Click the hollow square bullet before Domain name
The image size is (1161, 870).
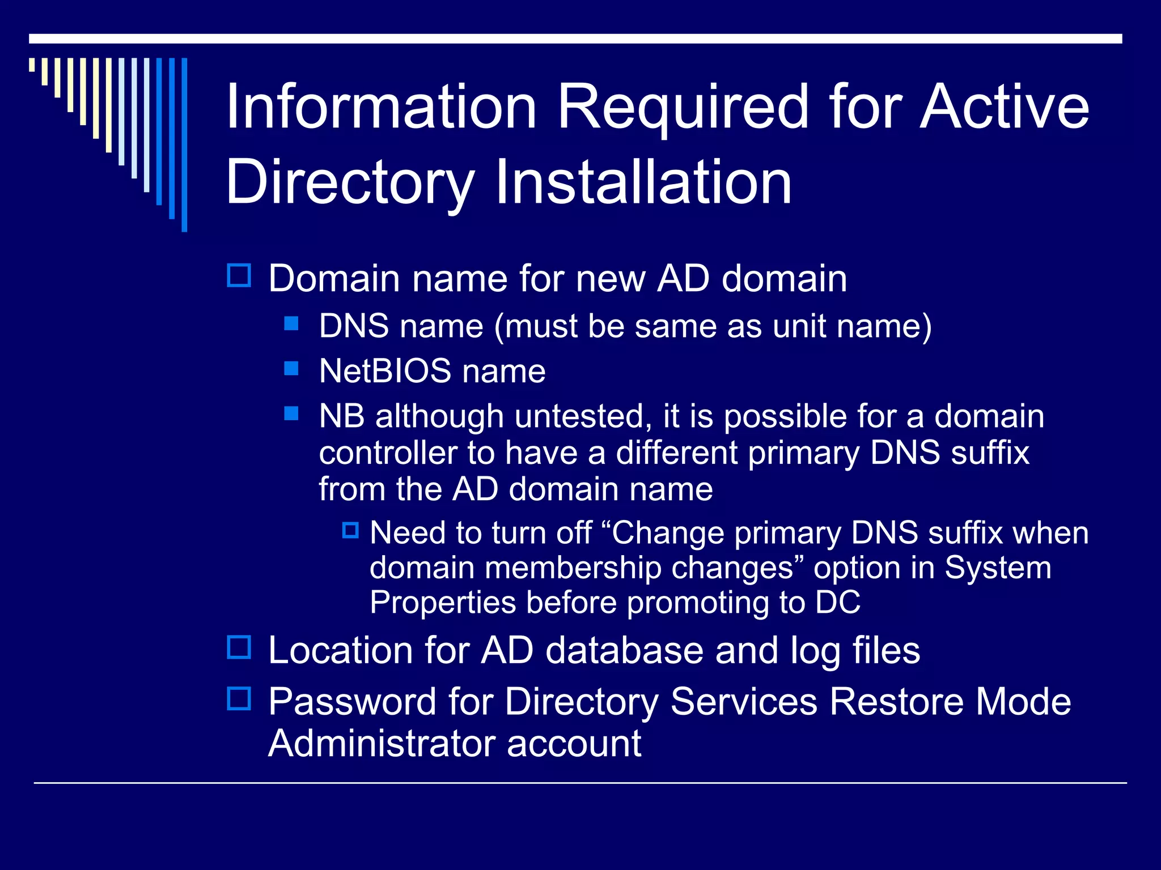click(239, 276)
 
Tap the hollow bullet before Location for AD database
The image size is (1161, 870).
click(239, 647)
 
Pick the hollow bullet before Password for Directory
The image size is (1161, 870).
click(239, 699)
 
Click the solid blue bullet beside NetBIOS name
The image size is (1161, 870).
click(291, 369)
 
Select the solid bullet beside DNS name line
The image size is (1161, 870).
click(291, 323)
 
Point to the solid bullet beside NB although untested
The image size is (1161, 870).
click(291, 413)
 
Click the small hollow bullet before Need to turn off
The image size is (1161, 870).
click(350, 531)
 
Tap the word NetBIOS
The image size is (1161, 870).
click(385, 371)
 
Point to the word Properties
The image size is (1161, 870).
click(442, 603)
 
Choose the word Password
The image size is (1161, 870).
click(351, 702)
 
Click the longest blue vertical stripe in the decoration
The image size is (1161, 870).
click(184, 144)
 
